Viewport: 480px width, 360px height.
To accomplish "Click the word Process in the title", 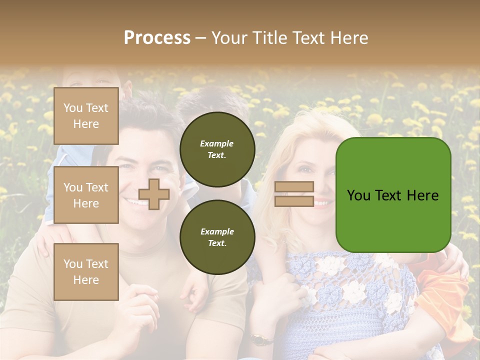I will (157, 37).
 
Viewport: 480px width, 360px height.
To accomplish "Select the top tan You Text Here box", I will (86, 116).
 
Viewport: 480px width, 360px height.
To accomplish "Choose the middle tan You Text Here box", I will (86, 195).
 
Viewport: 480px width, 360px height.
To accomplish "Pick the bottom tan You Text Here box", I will (86, 271).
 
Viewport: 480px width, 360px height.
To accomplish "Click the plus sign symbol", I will (154, 194).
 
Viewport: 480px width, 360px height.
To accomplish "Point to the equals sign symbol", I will (294, 194).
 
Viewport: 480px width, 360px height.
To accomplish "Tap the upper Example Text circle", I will (217, 149).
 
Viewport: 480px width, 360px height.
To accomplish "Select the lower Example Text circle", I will (217, 237).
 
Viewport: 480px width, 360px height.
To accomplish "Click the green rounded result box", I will (393, 195).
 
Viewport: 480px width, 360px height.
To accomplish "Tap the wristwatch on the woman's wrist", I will (258, 339).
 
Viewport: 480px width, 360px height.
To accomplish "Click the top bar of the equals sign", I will (294, 187).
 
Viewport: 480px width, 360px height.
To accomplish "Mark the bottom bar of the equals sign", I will (294, 201).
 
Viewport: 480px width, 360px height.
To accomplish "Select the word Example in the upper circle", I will (217, 143).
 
